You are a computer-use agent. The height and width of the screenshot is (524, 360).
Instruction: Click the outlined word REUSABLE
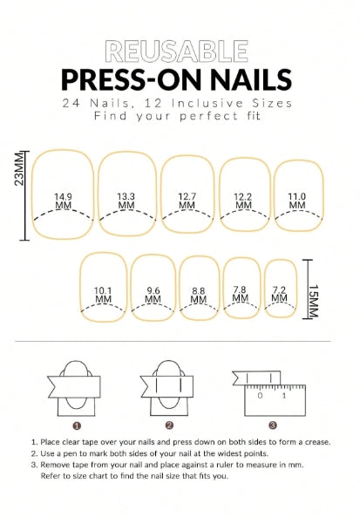point(177,51)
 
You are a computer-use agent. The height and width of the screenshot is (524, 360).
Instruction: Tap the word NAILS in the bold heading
point(251,79)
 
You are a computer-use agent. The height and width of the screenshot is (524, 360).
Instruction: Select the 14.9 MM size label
point(63,201)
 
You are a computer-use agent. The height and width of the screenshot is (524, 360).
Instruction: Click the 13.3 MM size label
point(126,201)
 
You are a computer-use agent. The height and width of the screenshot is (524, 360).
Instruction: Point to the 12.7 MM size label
point(187,201)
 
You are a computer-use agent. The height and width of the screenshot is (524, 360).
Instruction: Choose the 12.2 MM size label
point(243,201)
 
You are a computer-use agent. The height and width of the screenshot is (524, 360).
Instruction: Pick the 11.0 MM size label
point(297,201)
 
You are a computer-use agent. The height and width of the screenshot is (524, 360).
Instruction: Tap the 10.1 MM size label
point(103,295)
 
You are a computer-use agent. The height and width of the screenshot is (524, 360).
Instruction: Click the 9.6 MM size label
point(153,295)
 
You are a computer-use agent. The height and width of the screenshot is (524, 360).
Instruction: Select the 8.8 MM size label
point(199,296)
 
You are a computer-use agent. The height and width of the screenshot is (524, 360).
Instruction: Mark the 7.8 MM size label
point(240,294)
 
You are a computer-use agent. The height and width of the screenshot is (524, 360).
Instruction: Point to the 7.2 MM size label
point(279,294)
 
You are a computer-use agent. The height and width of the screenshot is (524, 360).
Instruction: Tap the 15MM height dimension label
point(314,301)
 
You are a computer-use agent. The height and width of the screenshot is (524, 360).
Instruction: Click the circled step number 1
point(77,425)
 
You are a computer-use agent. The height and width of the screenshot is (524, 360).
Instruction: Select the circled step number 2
point(169,425)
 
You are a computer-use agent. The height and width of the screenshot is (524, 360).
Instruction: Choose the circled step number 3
point(273,425)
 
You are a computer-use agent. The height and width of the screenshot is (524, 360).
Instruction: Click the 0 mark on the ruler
point(260,396)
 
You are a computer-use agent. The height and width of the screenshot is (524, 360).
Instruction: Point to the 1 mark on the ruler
point(284,396)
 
